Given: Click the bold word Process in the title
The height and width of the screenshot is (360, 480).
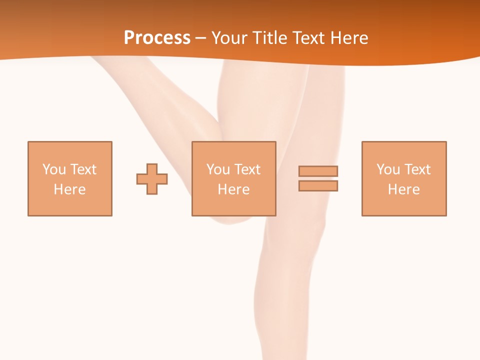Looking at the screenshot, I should [x=157, y=38].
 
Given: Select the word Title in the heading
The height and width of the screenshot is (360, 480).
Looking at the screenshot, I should [x=271, y=38].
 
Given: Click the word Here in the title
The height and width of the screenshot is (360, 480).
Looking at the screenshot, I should [x=350, y=38].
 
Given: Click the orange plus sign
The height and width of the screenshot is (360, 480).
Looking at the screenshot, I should [x=152, y=179].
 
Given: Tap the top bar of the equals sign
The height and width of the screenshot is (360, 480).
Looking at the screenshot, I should [x=318, y=171].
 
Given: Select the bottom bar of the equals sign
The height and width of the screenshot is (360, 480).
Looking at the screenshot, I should [x=318, y=185].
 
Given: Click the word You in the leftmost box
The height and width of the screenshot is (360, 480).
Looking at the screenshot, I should [x=54, y=169].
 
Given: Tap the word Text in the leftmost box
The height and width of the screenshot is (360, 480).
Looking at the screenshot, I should [x=83, y=169].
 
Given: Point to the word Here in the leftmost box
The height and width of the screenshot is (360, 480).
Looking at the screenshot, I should [x=70, y=189].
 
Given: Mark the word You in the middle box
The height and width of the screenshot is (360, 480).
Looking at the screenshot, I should [x=218, y=169].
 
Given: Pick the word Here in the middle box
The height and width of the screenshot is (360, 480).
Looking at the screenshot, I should [x=234, y=189].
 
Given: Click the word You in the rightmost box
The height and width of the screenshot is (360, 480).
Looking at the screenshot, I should [x=388, y=169].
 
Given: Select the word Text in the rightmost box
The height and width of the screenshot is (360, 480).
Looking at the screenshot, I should [x=417, y=169].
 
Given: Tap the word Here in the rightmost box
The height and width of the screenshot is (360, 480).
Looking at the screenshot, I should [x=404, y=189].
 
